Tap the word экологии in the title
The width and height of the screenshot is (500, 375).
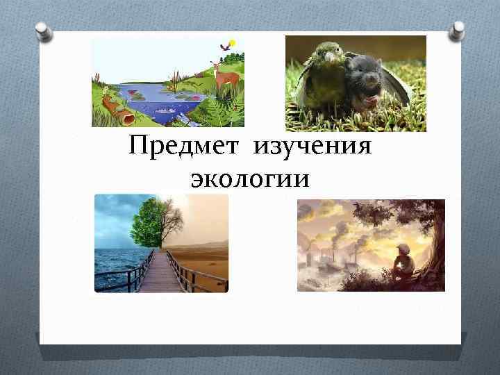(x=249, y=178)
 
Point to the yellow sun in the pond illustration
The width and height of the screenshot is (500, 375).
(x=232, y=43)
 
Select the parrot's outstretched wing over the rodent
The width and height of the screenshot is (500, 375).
(x=396, y=83)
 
